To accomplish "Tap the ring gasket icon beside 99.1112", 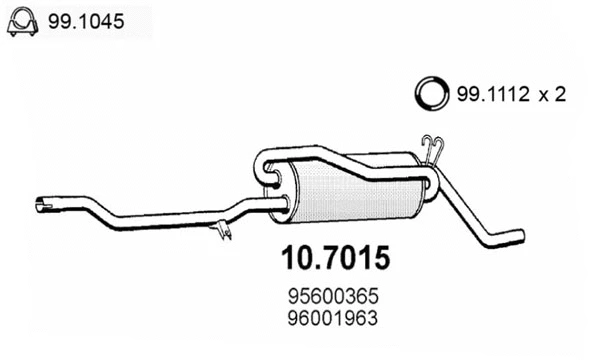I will [x=431, y=94].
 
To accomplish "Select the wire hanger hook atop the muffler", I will [x=431, y=150].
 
